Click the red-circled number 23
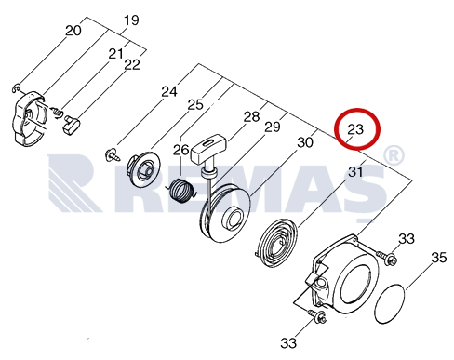click(x=355, y=129)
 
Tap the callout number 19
click(x=131, y=20)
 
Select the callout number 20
click(x=73, y=31)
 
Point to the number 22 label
click(x=132, y=65)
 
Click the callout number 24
click(x=169, y=92)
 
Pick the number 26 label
click(x=180, y=150)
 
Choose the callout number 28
click(x=251, y=116)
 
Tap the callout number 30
click(x=305, y=142)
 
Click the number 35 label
click(x=438, y=258)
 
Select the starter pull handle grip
click(x=209, y=148)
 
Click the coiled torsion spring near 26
click(x=182, y=192)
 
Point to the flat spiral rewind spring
click(x=276, y=243)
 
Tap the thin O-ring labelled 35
click(x=390, y=304)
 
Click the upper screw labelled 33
click(x=386, y=258)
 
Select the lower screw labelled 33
click(x=316, y=316)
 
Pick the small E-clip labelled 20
click(x=16, y=87)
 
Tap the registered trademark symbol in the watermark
click(x=394, y=155)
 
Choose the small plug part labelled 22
click(x=72, y=125)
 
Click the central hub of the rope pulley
click(x=234, y=219)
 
